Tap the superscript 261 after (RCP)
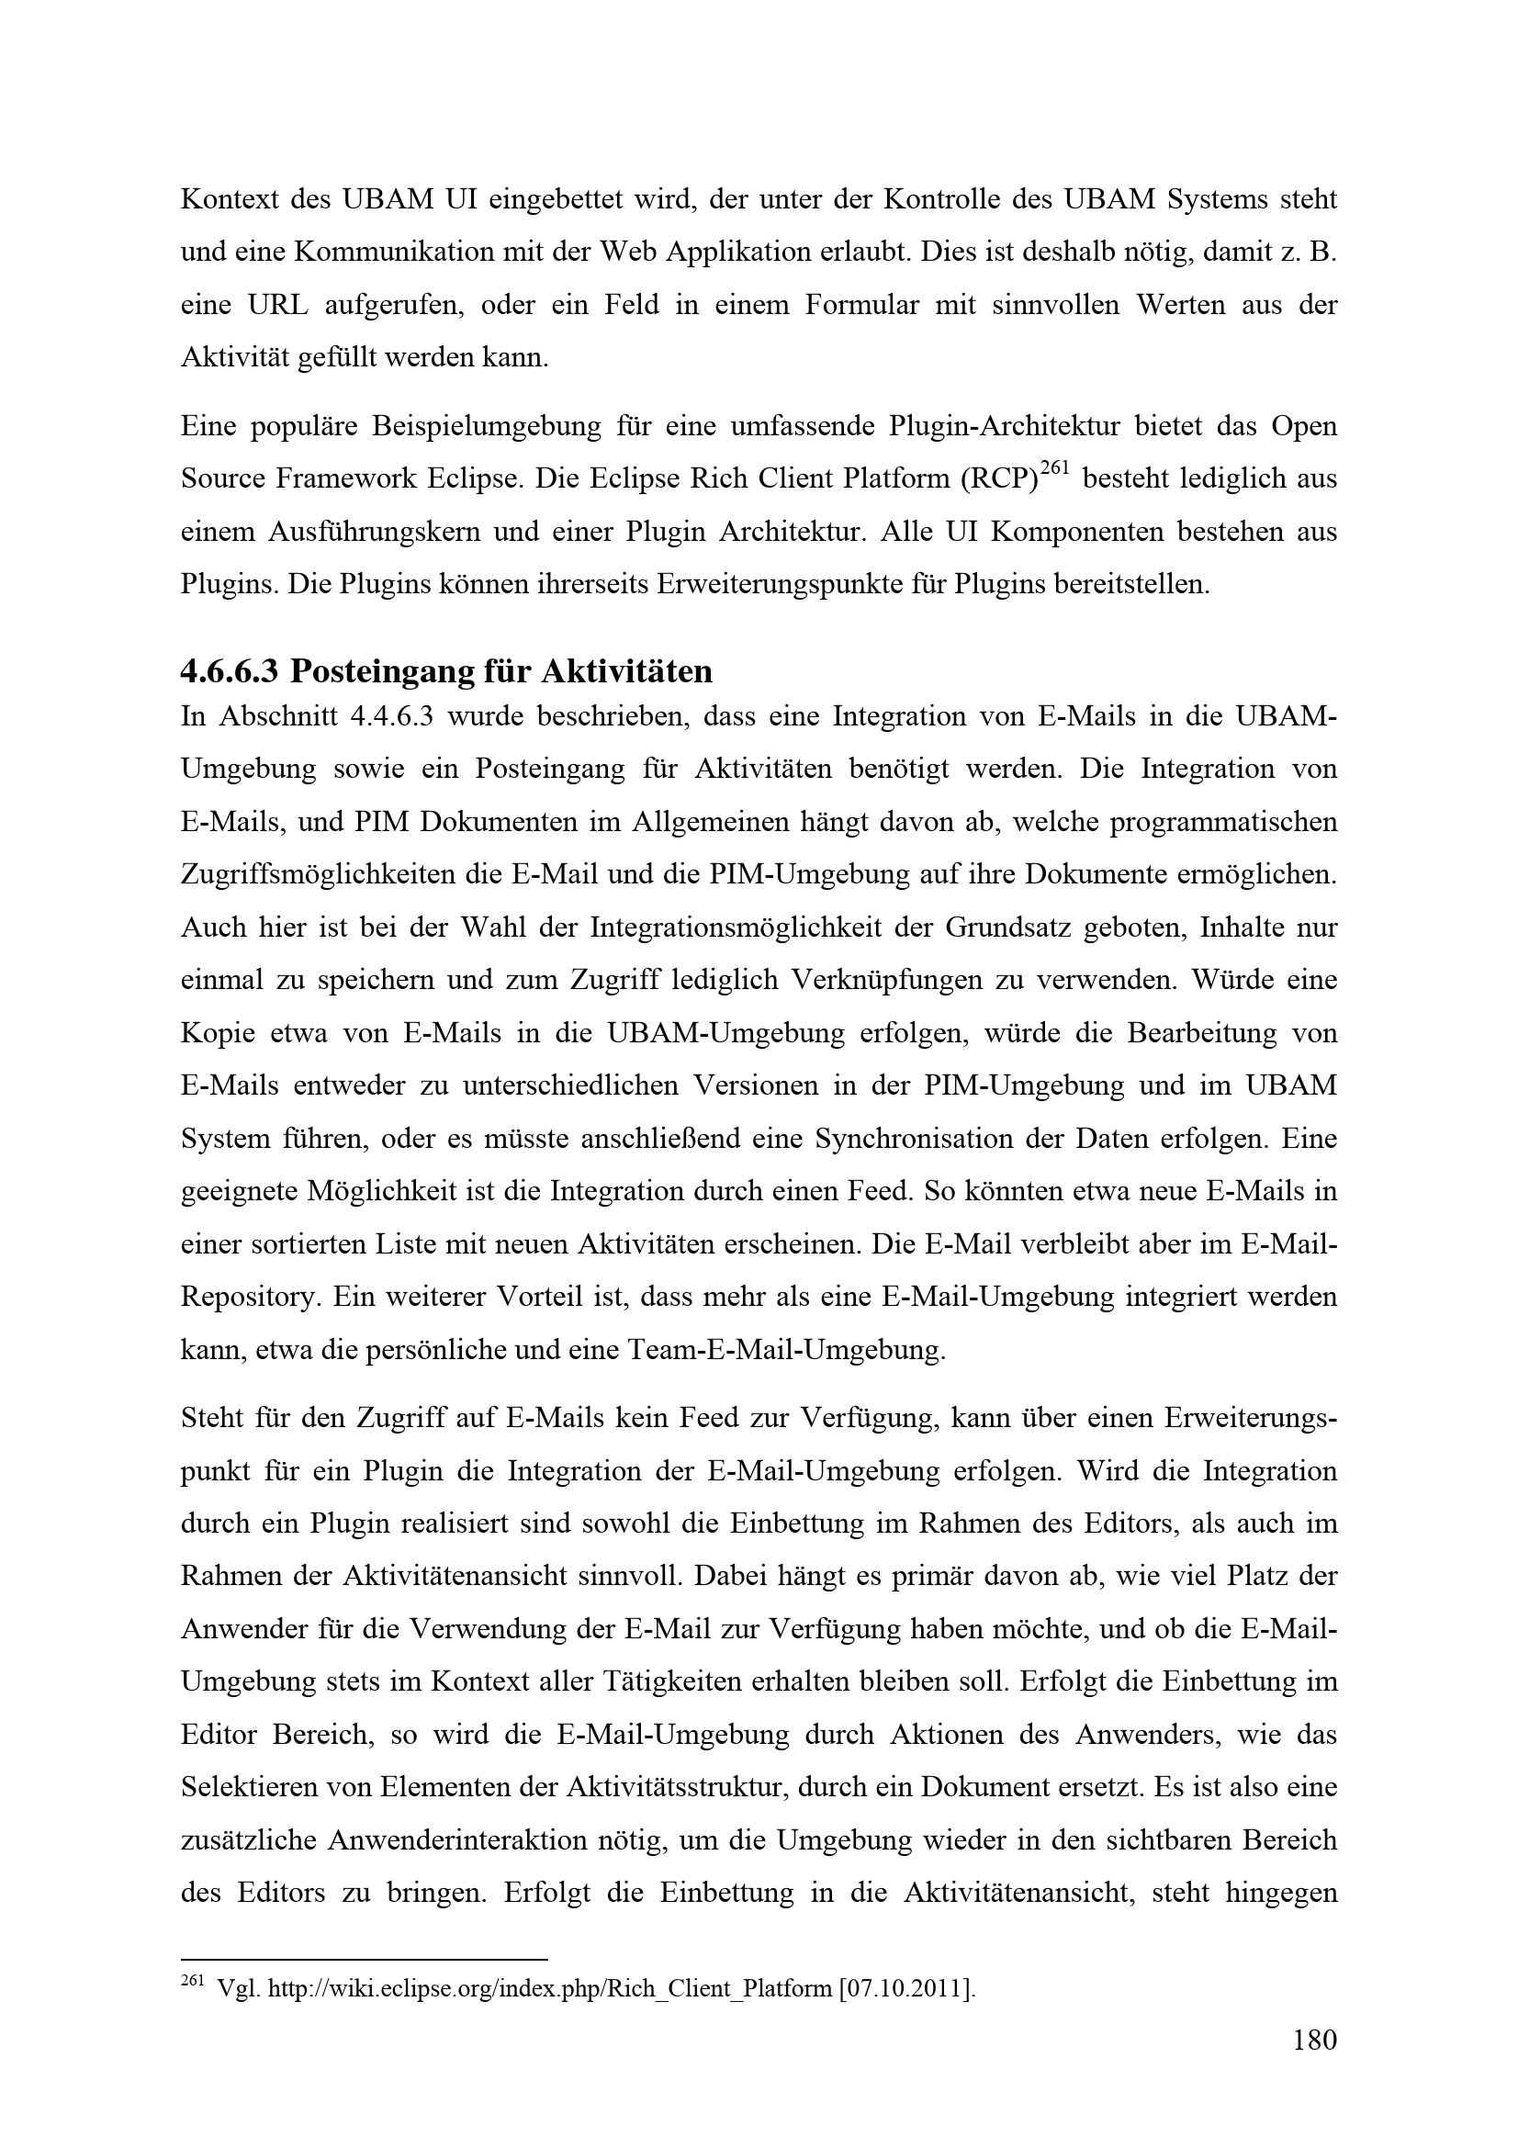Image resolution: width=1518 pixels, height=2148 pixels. coord(1054,470)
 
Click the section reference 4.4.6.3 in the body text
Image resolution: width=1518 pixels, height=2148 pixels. coord(386,716)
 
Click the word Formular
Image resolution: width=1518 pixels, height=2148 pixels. coord(861,305)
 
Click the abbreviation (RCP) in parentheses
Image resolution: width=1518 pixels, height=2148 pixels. coord(998,479)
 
